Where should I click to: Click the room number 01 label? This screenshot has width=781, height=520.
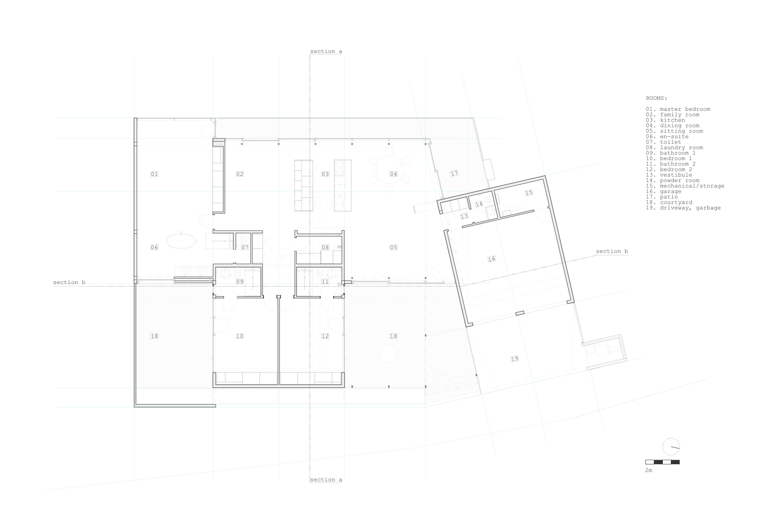coord(154,174)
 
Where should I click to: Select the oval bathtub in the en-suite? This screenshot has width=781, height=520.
coord(181,241)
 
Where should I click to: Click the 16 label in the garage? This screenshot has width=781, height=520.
coord(492,259)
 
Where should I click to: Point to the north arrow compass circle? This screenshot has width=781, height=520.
coord(671,447)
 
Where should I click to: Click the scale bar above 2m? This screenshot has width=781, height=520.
coord(662,462)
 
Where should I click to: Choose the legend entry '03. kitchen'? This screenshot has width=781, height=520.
coord(665,120)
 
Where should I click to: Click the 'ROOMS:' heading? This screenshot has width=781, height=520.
coord(656,98)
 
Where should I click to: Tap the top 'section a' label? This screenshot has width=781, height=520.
coord(326,51)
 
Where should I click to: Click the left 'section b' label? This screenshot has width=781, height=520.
coord(69,282)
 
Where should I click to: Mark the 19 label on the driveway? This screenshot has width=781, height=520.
coord(514,358)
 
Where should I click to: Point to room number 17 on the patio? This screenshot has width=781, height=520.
coord(454,173)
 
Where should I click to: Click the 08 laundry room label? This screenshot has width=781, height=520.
coord(325,248)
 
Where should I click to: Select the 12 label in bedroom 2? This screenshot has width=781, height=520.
coord(325,336)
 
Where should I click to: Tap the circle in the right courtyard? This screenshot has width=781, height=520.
coord(389,354)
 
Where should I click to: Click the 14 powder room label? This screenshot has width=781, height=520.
coord(479,204)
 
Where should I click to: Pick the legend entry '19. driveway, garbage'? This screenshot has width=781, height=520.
coord(683,207)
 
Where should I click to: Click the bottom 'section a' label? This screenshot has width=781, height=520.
coord(326,479)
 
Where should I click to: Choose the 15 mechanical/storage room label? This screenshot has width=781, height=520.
coord(528,192)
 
